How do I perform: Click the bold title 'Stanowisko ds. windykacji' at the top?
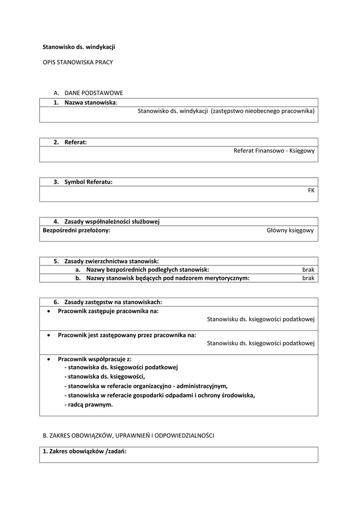tap(79, 47)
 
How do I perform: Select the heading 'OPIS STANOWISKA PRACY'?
tap(78, 63)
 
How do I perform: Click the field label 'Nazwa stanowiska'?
tap(90, 102)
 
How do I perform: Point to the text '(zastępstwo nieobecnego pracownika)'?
tap(263, 111)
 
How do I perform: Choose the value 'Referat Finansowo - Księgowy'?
tap(274, 151)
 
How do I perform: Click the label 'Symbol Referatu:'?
tap(88, 182)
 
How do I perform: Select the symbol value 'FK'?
tap(311, 190)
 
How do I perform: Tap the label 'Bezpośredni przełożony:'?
tap(76, 230)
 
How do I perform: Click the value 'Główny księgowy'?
tap(290, 230)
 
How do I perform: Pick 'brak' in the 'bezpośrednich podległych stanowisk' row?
tap(308, 269)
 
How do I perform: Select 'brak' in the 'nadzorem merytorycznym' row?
tap(308, 278)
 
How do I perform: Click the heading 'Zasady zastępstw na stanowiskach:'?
tap(113, 302)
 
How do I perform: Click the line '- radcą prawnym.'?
tap(88, 404)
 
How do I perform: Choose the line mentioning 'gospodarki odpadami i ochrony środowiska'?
tap(159, 395)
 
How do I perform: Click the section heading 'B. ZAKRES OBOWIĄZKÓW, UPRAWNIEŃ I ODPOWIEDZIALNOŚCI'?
tap(129, 435)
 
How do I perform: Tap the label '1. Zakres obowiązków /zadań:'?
tap(85, 451)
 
